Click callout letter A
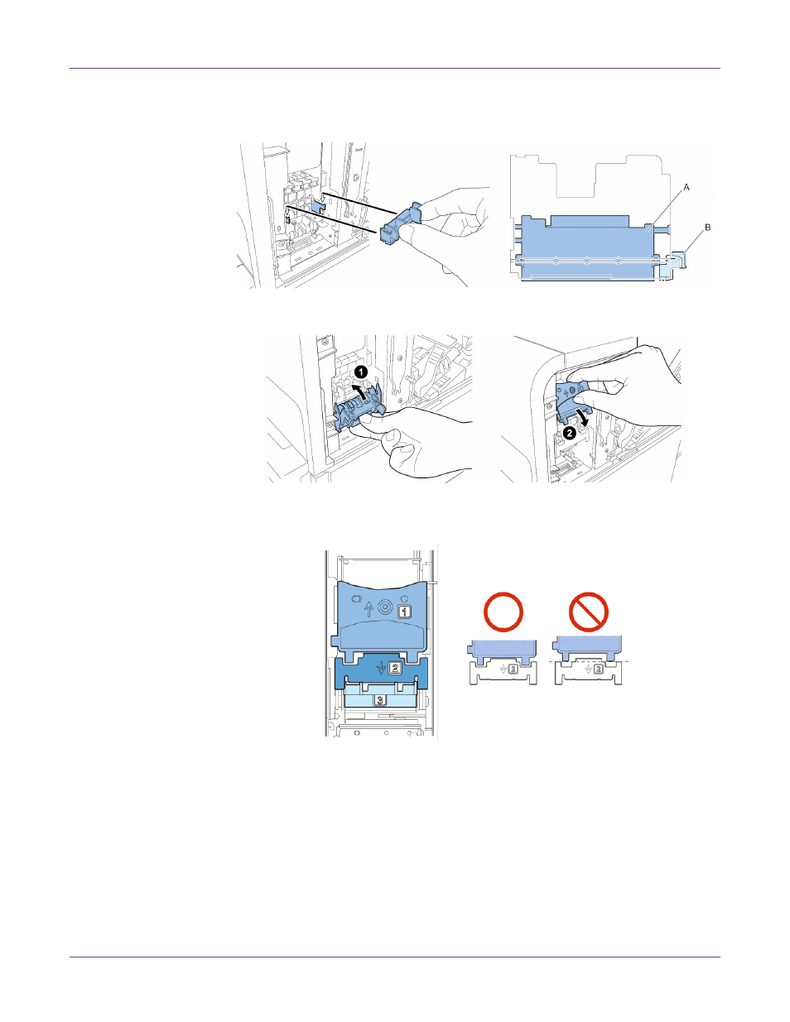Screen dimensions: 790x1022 pyautogui.click(x=686, y=188)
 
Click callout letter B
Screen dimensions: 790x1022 pyautogui.click(x=708, y=228)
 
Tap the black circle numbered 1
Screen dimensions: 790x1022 pyautogui.click(x=361, y=372)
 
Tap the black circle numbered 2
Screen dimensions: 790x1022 pyautogui.click(x=570, y=433)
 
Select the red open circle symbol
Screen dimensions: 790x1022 pyautogui.click(x=503, y=612)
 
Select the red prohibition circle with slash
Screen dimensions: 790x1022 pyautogui.click(x=589, y=612)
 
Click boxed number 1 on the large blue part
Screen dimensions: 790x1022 pyautogui.click(x=404, y=612)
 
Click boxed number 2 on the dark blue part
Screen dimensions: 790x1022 pyautogui.click(x=395, y=667)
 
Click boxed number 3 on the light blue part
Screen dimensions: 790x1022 pyautogui.click(x=380, y=700)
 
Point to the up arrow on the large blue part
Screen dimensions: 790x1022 pyautogui.click(x=369, y=610)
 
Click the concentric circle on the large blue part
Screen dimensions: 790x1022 pyautogui.click(x=385, y=607)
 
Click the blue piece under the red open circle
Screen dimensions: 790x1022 pyautogui.click(x=503, y=650)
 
